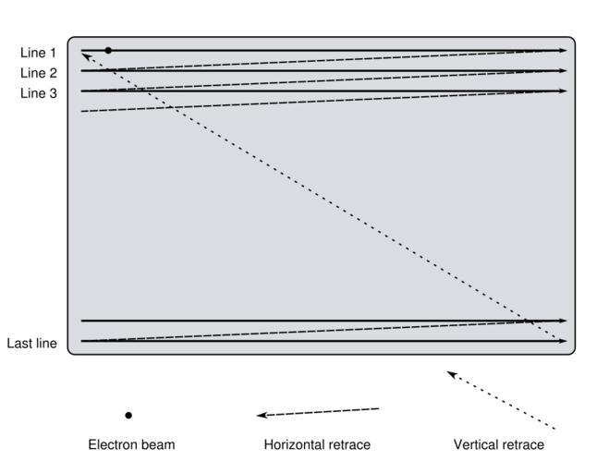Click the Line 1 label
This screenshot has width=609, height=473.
[38, 54]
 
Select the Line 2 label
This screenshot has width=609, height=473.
[38, 73]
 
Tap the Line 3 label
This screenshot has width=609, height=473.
[38, 92]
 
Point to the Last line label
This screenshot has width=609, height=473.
[32, 344]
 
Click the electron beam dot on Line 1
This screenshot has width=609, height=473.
[108, 50]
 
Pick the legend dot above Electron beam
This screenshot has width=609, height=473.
[128, 416]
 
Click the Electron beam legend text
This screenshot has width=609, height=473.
[131, 445]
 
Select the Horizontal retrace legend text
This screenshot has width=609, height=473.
[317, 445]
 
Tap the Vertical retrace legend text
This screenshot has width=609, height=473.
[498, 445]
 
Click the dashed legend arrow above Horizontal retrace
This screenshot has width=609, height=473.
[318, 412]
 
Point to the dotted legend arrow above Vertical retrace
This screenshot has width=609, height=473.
[500, 400]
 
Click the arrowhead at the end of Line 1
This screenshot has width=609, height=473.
[563, 50]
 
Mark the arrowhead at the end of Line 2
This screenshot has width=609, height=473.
[563, 71]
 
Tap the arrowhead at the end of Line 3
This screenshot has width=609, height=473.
[563, 91]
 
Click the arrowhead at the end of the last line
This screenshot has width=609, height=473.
[563, 341]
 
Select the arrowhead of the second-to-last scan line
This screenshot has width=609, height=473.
[563, 321]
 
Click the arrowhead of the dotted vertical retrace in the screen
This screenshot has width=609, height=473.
[86, 55]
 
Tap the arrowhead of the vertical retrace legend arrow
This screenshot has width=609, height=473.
[451, 373]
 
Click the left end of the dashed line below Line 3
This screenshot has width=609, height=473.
[82, 112]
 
